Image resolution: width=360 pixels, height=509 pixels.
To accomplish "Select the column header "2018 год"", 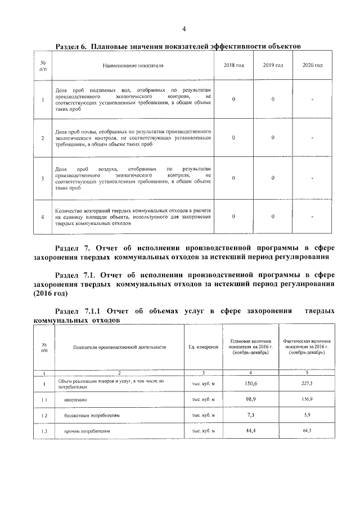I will pyautogui.click(x=233, y=66).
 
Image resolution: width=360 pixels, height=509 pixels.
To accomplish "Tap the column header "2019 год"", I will pyautogui.click(x=273, y=66).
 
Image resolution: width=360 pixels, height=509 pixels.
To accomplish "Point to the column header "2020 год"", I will pyautogui.click(x=312, y=66).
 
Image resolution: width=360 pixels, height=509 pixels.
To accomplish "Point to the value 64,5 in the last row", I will pyautogui.click(x=307, y=431).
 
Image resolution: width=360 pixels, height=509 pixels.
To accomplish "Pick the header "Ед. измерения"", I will pyautogui.click(x=204, y=347).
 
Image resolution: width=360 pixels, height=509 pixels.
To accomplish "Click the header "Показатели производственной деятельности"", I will pyautogui.click(x=119, y=347).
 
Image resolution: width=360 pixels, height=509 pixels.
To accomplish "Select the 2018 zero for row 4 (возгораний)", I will pyautogui.click(x=233, y=217).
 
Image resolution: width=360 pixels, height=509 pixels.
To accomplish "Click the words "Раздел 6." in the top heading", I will pyautogui.click(x=73, y=45).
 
